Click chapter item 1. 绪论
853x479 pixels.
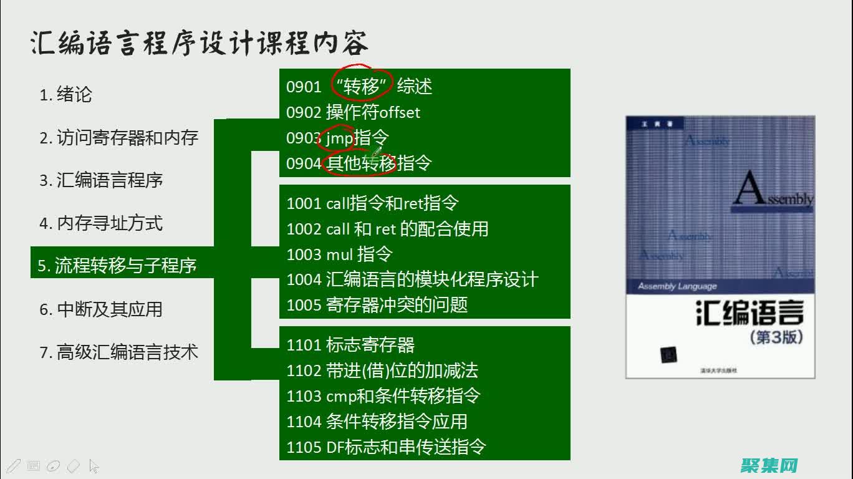click(65, 95)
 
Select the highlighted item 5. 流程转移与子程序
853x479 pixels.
click(117, 266)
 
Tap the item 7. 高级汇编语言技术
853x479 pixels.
click(118, 352)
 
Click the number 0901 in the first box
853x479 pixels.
click(303, 87)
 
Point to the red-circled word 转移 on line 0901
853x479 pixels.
click(362, 87)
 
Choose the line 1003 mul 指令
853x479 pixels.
click(339, 254)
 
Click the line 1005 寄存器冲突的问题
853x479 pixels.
click(377, 305)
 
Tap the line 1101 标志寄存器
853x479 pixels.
click(350, 345)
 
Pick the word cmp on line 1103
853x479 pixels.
click(340, 397)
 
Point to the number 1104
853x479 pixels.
click(304, 422)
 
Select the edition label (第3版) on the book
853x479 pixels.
click(776, 337)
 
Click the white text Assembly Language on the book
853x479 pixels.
click(677, 286)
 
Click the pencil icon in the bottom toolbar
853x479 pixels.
click(14, 465)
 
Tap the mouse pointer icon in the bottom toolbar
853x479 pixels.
click(94, 466)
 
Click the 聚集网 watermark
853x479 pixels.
click(769, 465)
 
